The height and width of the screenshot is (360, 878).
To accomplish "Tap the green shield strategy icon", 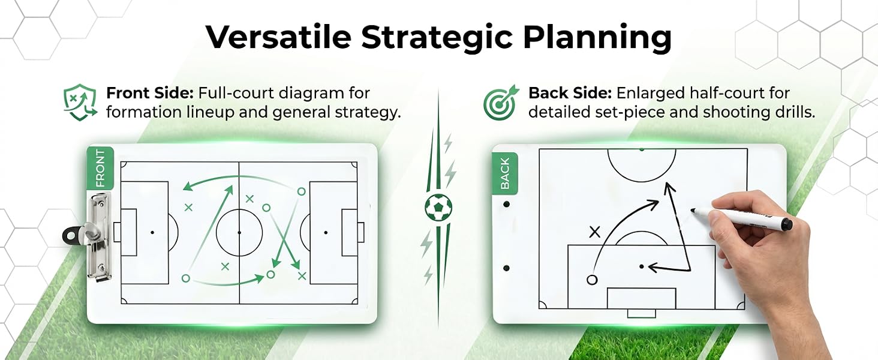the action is coord(80,101).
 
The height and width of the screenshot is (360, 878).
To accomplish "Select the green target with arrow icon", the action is coord(501,102).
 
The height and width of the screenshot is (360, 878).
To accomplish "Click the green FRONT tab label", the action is coord(100,168).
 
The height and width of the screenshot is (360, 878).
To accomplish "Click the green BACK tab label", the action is coord(505,173).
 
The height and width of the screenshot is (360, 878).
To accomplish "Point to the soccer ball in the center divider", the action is coord(438,206).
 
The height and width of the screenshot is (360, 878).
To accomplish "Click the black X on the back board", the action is coord(594,232).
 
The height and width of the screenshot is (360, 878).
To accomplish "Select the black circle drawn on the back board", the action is coord(592,280).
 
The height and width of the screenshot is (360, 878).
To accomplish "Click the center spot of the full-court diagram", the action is coord(239,233).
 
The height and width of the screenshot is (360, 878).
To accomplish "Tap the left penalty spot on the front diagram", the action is coord(152,233).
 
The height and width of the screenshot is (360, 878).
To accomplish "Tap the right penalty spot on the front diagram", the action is coord(325,233).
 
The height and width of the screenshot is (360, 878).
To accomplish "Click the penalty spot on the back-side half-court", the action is coord(641,266).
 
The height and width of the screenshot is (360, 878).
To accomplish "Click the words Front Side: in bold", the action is coord(150,94).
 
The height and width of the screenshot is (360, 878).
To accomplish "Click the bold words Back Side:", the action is coord(570,94).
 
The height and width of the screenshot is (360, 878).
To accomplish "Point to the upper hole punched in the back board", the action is coord(506,205).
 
